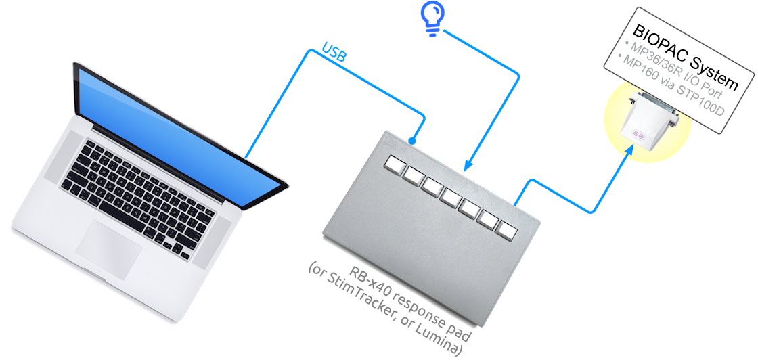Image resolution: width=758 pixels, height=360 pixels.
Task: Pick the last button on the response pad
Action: click(506, 229)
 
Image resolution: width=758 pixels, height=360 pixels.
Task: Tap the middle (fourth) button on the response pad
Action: click(449, 196)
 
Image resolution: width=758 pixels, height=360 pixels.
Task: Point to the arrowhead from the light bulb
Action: click(466, 165)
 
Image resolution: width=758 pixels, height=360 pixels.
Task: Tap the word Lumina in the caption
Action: click(441, 342)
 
